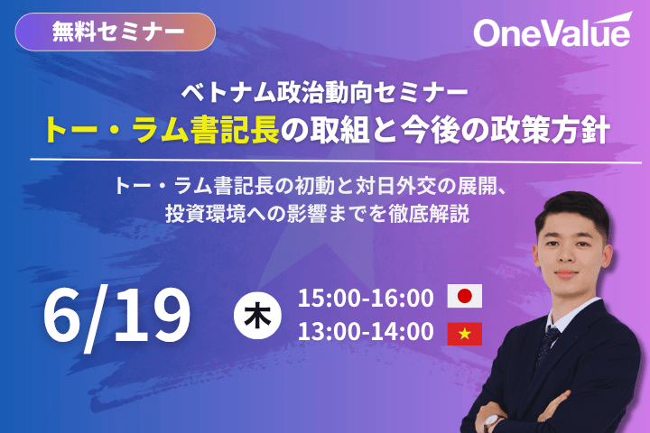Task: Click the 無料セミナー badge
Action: (x=116, y=32)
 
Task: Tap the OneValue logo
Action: (x=552, y=31)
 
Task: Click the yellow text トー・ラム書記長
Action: (x=162, y=130)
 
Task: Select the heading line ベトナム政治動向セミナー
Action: (x=325, y=92)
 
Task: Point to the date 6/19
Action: (x=116, y=316)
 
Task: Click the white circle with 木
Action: (x=257, y=316)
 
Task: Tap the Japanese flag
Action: (x=465, y=296)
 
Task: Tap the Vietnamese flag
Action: (x=465, y=334)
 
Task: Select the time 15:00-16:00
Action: (x=366, y=298)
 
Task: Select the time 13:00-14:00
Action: (x=366, y=331)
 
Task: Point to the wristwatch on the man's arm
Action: (x=493, y=423)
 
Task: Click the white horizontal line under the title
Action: (x=336, y=161)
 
